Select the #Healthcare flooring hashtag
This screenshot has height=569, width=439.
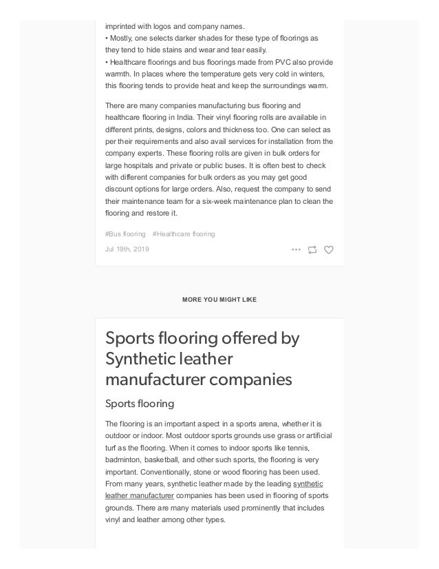tap(183, 234)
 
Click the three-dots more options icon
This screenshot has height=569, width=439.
tap(296, 249)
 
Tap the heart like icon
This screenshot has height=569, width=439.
tap(328, 249)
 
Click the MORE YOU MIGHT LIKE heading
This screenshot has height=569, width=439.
tap(219, 300)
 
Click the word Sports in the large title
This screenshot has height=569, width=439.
tap(129, 339)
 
